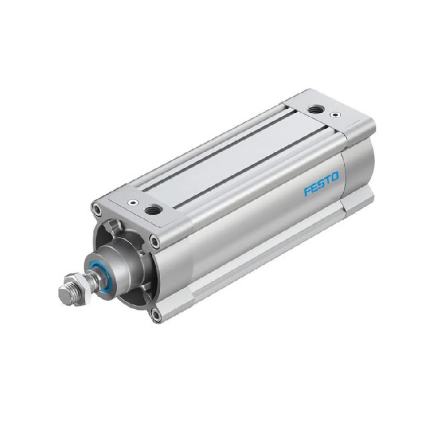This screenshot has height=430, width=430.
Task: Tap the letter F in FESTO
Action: (306, 192)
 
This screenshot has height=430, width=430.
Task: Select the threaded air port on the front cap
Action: (152, 210)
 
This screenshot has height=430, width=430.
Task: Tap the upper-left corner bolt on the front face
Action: (98, 210)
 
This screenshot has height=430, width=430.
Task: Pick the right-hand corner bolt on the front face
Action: (155, 241)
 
